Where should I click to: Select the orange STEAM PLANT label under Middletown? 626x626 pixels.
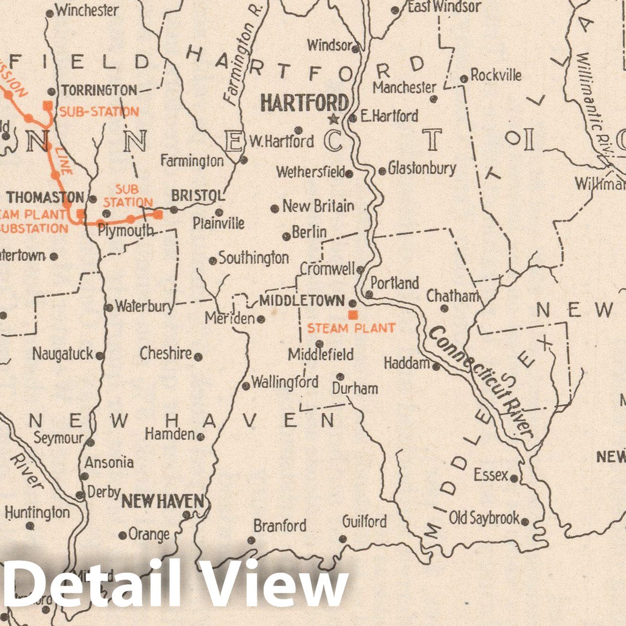coord(351,328)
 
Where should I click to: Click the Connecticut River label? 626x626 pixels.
coord(482,382)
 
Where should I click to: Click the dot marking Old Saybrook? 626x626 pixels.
coord(525,521)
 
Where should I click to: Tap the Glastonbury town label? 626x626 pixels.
coord(422,169)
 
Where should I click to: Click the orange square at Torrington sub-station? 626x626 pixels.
coord(48,106)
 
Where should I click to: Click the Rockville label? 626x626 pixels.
coord(496,75)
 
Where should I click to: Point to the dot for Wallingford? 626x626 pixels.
coord(246,385)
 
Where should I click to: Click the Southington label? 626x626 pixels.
coord(253,258)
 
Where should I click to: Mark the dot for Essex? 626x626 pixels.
coord(514,479)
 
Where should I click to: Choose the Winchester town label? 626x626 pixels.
coord(87,10)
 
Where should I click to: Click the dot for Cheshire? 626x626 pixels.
coord(198,357)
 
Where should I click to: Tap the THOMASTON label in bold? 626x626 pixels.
coord(45,197)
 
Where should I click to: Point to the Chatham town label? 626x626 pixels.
coord(453,296)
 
